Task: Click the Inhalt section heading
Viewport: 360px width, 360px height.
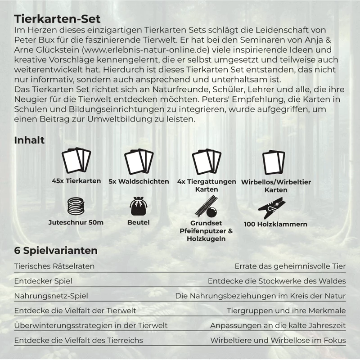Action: click(29, 140)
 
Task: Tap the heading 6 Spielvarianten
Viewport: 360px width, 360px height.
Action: click(56, 250)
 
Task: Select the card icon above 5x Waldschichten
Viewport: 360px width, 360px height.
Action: click(138, 160)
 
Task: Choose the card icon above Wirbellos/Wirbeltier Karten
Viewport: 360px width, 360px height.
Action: click(273, 162)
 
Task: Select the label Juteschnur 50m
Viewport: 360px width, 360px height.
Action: click(76, 222)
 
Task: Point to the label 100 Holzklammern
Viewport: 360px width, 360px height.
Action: click(275, 224)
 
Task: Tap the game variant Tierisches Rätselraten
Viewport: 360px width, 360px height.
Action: click(54, 266)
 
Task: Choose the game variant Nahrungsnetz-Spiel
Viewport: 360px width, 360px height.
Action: click(51, 296)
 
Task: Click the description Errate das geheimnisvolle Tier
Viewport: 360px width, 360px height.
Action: click(290, 266)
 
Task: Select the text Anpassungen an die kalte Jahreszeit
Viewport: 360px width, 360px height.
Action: click(278, 325)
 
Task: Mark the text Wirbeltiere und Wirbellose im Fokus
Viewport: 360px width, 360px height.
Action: click(278, 340)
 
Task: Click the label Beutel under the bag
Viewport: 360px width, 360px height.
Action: click(139, 222)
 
